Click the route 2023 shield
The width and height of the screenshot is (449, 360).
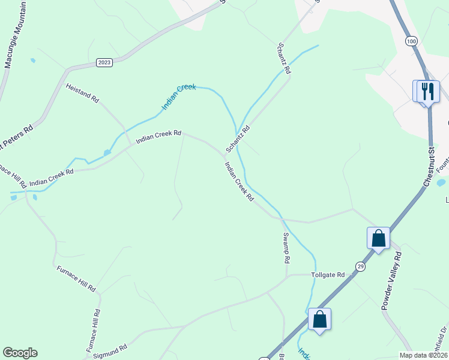coord(104,62)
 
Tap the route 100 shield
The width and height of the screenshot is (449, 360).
coord(411,41)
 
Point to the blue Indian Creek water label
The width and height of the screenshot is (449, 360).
coord(179,97)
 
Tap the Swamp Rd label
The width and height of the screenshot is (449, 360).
coord(286,248)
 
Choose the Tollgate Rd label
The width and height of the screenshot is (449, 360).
coord(328,275)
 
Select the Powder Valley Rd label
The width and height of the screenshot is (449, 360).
coord(391,280)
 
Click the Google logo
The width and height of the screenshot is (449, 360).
coord(20,353)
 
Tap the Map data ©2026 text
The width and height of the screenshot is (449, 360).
coord(423,355)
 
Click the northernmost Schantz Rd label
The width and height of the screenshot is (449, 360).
coord(284,58)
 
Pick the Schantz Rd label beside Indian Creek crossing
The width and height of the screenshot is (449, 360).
coord(237,139)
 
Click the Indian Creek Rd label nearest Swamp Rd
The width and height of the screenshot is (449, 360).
coord(239,181)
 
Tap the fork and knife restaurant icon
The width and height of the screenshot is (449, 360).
coord(427,91)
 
